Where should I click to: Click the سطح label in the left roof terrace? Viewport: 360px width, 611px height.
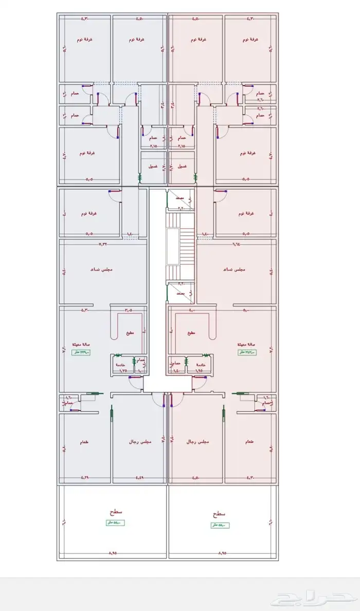tap(112, 513)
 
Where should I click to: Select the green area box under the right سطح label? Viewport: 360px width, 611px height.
tap(220, 525)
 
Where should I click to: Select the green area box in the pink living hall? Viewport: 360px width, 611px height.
tap(247, 352)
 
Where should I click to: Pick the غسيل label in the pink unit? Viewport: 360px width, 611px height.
tap(182, 167)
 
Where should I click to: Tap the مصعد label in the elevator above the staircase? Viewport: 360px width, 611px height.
tap(180, 197)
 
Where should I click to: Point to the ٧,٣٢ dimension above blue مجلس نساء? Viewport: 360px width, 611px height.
tap(103, 244)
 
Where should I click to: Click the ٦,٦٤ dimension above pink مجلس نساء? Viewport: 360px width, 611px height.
tap(236, 244)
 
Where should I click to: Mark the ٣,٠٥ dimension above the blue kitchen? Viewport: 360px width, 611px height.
tap(128, 310)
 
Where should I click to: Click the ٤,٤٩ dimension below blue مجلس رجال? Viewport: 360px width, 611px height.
tap(139, 478)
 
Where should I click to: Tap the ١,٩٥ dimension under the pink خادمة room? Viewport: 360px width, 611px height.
tap(199, 370)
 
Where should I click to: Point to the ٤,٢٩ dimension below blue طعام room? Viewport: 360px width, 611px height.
tap(85, 478)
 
